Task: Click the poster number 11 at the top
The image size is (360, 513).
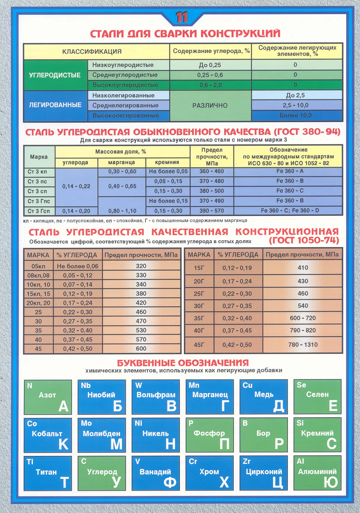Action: tap(182, 17)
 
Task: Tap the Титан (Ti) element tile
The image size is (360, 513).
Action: tap(48, 473)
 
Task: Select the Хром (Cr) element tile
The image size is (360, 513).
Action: tap(209, 473)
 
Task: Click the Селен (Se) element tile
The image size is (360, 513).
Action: tap(317, 397)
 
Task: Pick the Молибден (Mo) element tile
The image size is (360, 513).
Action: tap(101, 435)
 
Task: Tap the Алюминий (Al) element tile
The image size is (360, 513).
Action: tap(317, 473)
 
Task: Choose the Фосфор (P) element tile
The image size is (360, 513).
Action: tap(209, 435)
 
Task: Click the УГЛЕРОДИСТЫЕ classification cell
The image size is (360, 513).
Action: tap(55, 75)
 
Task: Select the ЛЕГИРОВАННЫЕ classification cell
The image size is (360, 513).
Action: tap(55, 105)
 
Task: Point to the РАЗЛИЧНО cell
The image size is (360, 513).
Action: tap(210, 106)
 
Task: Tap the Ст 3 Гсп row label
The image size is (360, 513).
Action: tap(39, 211)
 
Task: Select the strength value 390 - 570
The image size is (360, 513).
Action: tap(212, 211)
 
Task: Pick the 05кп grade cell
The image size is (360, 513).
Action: tap(38, 266)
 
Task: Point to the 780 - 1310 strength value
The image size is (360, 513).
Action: tap(303, 344)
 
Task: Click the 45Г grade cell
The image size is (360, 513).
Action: tap(199, 345)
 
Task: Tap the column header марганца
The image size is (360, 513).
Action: tap(122, 162)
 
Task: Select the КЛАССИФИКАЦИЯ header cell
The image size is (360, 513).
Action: tap(92, 51)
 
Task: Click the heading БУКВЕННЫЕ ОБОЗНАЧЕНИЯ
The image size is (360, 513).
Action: tap(183, 363)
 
